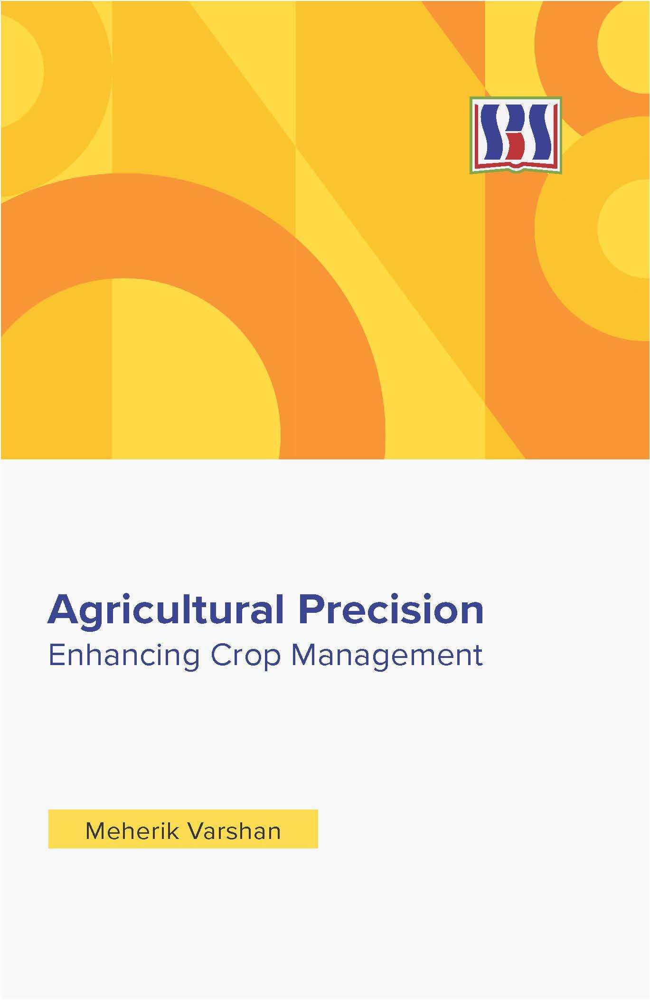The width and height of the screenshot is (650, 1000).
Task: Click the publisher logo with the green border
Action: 516,135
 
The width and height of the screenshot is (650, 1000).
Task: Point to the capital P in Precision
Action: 311,610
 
